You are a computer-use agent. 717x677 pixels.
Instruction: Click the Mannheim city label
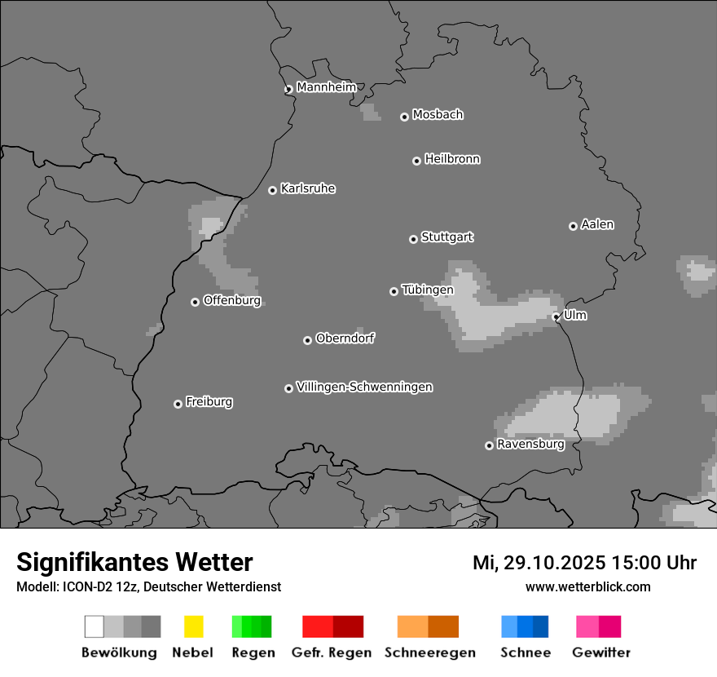pos(326,87)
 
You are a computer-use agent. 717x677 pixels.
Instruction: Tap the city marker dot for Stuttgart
pos(413,239)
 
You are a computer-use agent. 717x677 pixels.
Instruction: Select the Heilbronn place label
pos(452,159)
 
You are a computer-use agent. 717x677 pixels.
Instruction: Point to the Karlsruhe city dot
pos(272,190)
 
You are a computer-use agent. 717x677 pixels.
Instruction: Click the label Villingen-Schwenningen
pos(364,387)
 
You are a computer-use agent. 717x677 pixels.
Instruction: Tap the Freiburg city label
pos(209,401)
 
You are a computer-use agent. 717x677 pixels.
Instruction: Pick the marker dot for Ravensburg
pos(489,445)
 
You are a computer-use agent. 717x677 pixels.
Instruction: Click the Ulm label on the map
pos(575,315)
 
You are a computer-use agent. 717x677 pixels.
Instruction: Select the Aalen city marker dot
pos(573,226)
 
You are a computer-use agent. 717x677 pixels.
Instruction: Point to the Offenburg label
pos(231,300)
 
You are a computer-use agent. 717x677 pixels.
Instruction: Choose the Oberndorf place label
pos(345,338)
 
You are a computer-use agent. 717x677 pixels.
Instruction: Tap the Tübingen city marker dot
pos(394,291)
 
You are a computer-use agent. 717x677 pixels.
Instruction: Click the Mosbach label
pos(438,115)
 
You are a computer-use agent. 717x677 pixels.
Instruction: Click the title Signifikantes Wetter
pos(134,562)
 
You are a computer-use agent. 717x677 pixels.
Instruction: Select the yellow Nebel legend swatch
pos(193,626)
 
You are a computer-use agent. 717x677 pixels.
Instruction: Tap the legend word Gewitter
pos(601,653)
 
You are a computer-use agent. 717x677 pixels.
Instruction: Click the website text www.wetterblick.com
pos(587,586)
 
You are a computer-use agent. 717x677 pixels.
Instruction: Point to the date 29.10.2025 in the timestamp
pos(554,563)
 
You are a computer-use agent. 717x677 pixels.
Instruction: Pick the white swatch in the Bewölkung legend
pos(95,626)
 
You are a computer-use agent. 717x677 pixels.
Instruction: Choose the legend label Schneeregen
pos(430,653)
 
